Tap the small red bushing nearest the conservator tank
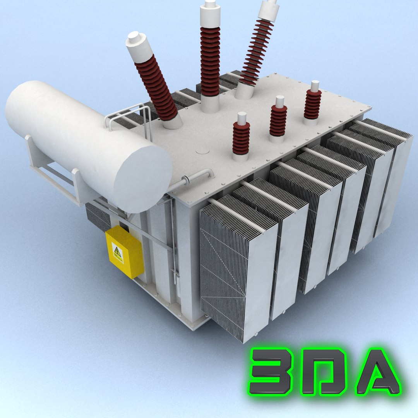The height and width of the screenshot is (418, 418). [x=241, y=138]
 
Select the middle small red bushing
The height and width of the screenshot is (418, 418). [x=278, y=120]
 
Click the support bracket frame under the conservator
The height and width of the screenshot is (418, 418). [x=50, y=170]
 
